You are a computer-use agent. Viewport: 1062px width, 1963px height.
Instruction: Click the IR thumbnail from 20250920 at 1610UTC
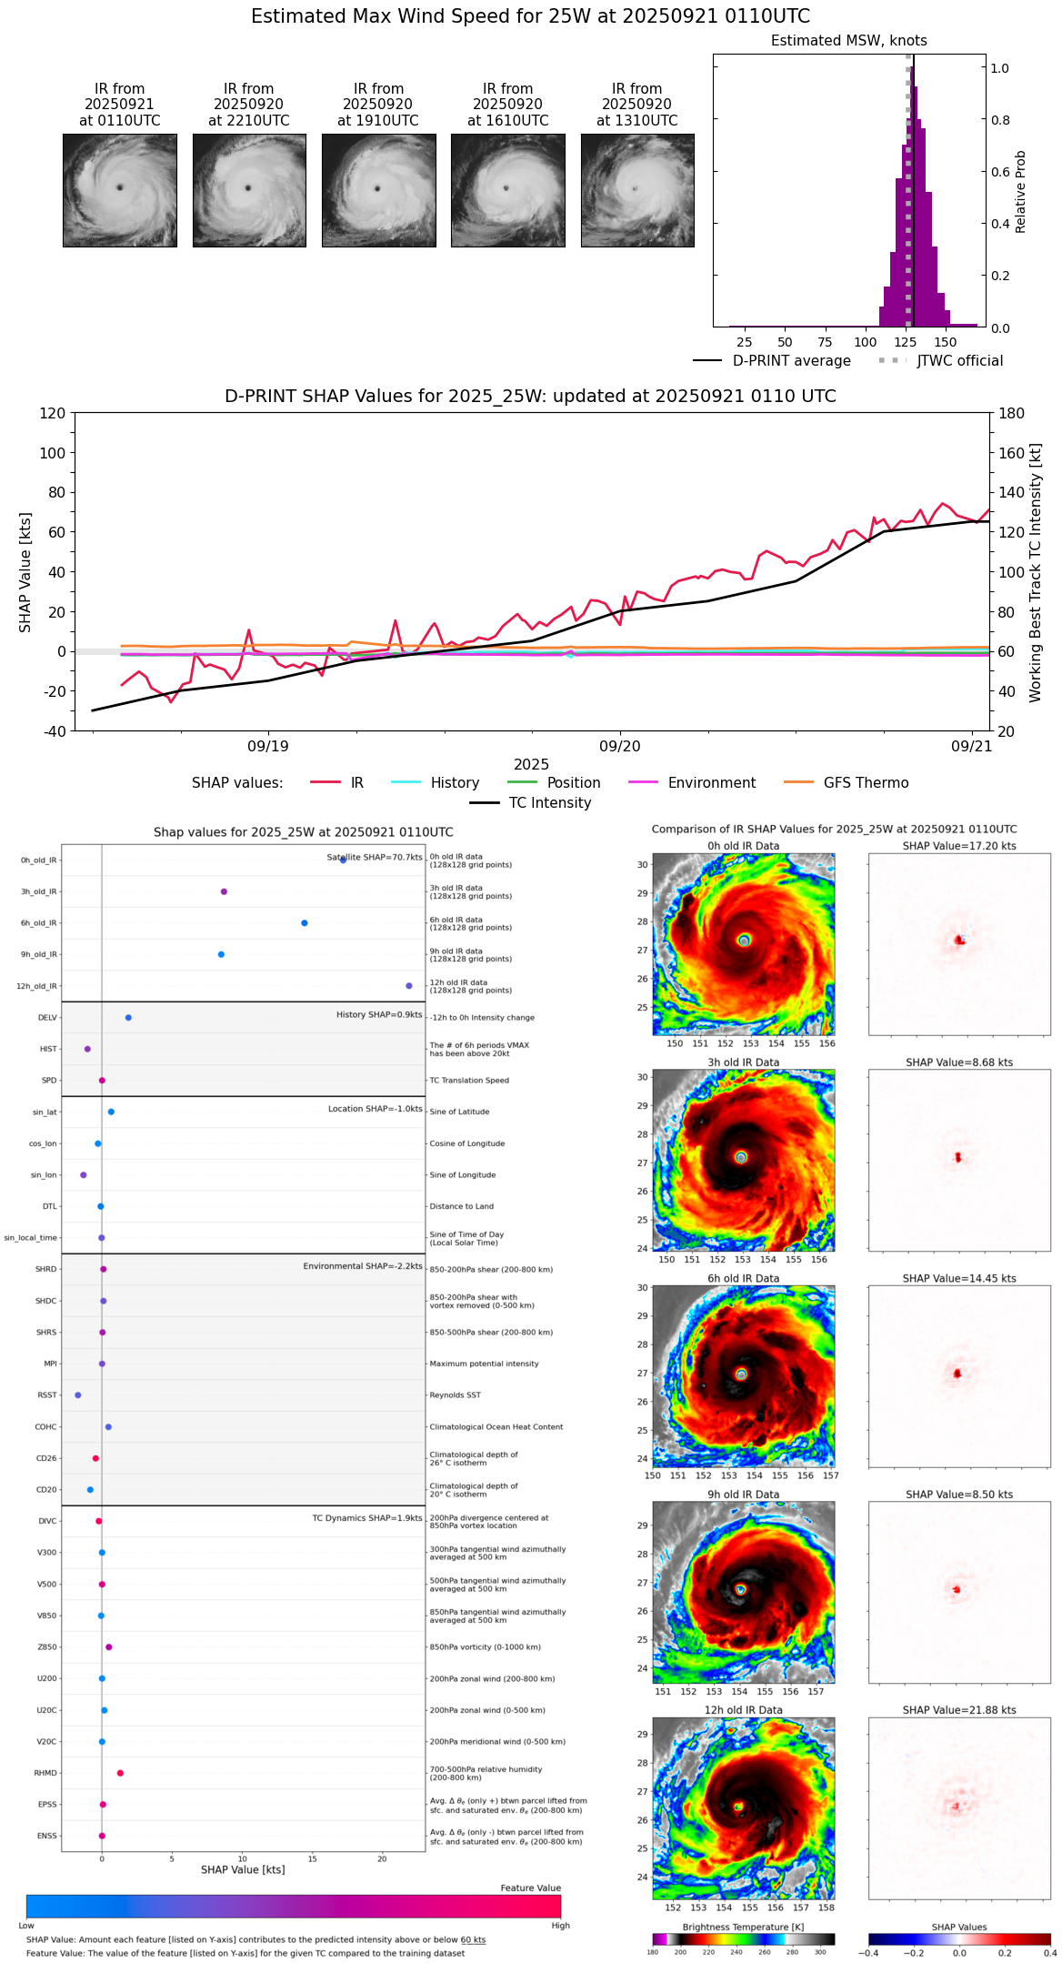[x=507, y=190]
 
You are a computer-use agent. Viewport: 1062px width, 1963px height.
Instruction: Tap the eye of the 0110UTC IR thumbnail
[x=119, y=187]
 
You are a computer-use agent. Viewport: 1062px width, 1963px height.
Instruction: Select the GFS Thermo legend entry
[x=865, y=783]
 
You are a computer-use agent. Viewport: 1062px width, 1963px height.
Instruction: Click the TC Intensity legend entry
[x=549, y=803]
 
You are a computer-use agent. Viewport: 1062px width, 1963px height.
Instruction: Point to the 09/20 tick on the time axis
[x=620, y=747]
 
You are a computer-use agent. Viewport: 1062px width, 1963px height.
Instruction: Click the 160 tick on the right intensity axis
[x=1011, y=453]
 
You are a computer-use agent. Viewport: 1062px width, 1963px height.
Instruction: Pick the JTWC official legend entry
[x=959, y=361]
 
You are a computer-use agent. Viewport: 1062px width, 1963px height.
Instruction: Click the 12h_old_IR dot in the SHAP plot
[x=409, y=986]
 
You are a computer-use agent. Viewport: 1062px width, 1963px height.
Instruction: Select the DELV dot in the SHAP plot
[x=128, y=1018]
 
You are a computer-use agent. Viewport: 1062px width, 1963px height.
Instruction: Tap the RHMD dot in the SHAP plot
[x=120, y=1773]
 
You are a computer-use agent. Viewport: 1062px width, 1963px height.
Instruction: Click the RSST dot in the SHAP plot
[x=78, y=1395]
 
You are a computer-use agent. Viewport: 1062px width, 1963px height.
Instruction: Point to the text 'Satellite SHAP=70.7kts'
[x=375, y=858]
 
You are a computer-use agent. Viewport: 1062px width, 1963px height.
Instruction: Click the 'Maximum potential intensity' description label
[x=484, y=1364]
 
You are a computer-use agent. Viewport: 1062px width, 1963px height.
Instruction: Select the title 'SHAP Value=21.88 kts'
[x=959, y=1710]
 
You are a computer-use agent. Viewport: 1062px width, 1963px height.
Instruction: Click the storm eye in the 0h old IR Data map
[x=744, y=941]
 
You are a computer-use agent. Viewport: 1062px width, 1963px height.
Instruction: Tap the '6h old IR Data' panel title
[x=743, y=1278]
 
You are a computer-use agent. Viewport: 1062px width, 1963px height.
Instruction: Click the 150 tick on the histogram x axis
[x=946, y=343]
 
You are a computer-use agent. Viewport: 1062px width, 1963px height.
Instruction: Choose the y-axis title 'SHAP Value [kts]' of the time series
[x=25, y=572]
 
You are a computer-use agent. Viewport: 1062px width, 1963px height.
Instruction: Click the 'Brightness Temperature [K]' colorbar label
[x=743, y=1927]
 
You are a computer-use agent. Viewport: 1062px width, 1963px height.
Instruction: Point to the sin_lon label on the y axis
[x=44, y=1175]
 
